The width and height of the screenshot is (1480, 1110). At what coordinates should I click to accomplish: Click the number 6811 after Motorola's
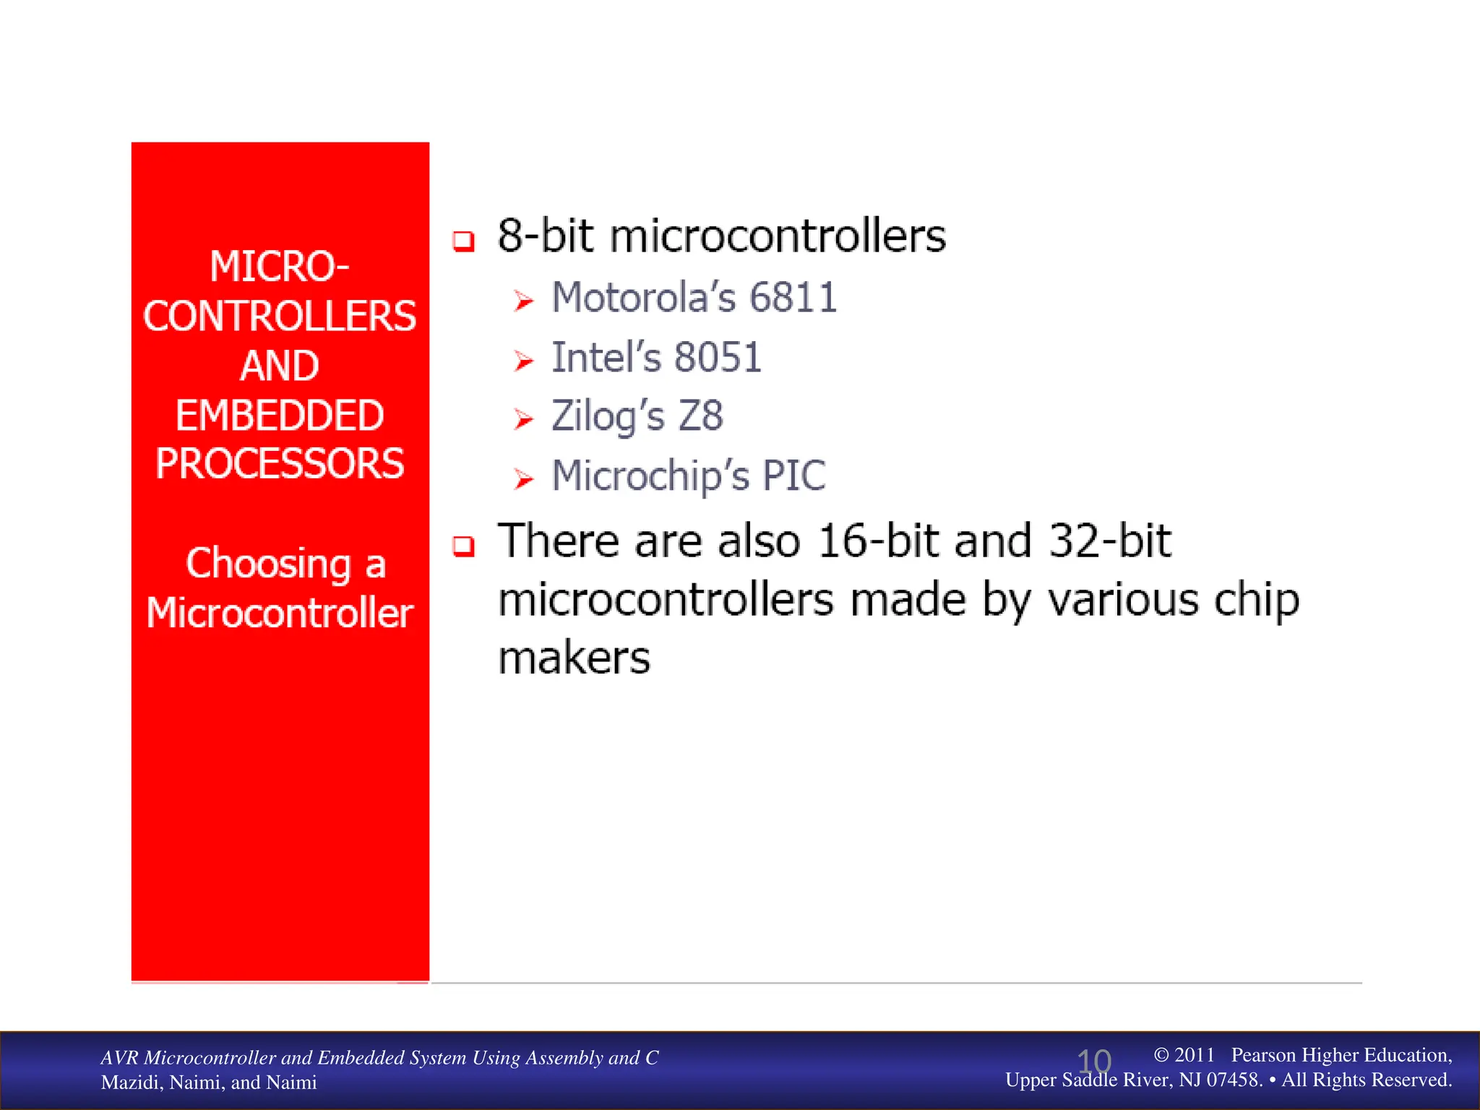793,298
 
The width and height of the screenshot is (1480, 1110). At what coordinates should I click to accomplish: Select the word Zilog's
607,417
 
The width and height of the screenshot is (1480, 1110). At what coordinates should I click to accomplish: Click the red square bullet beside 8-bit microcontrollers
463,241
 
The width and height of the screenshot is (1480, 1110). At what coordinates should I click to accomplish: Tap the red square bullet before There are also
463,546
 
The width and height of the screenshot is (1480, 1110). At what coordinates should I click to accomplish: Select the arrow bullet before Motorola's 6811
523,301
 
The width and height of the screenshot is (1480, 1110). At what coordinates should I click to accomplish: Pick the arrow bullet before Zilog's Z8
523,419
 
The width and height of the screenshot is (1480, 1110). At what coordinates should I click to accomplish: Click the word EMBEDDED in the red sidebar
280,416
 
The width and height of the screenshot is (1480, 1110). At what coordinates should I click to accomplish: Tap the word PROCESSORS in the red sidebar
280,464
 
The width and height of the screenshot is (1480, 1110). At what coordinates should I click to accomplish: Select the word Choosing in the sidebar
268,564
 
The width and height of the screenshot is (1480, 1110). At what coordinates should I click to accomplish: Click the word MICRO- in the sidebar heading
280,267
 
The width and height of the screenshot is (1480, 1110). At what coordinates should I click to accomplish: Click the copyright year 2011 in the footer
1194,1055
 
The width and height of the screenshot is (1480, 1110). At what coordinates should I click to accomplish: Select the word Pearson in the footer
1266,1055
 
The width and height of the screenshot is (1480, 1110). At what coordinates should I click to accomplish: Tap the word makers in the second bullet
575,659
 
